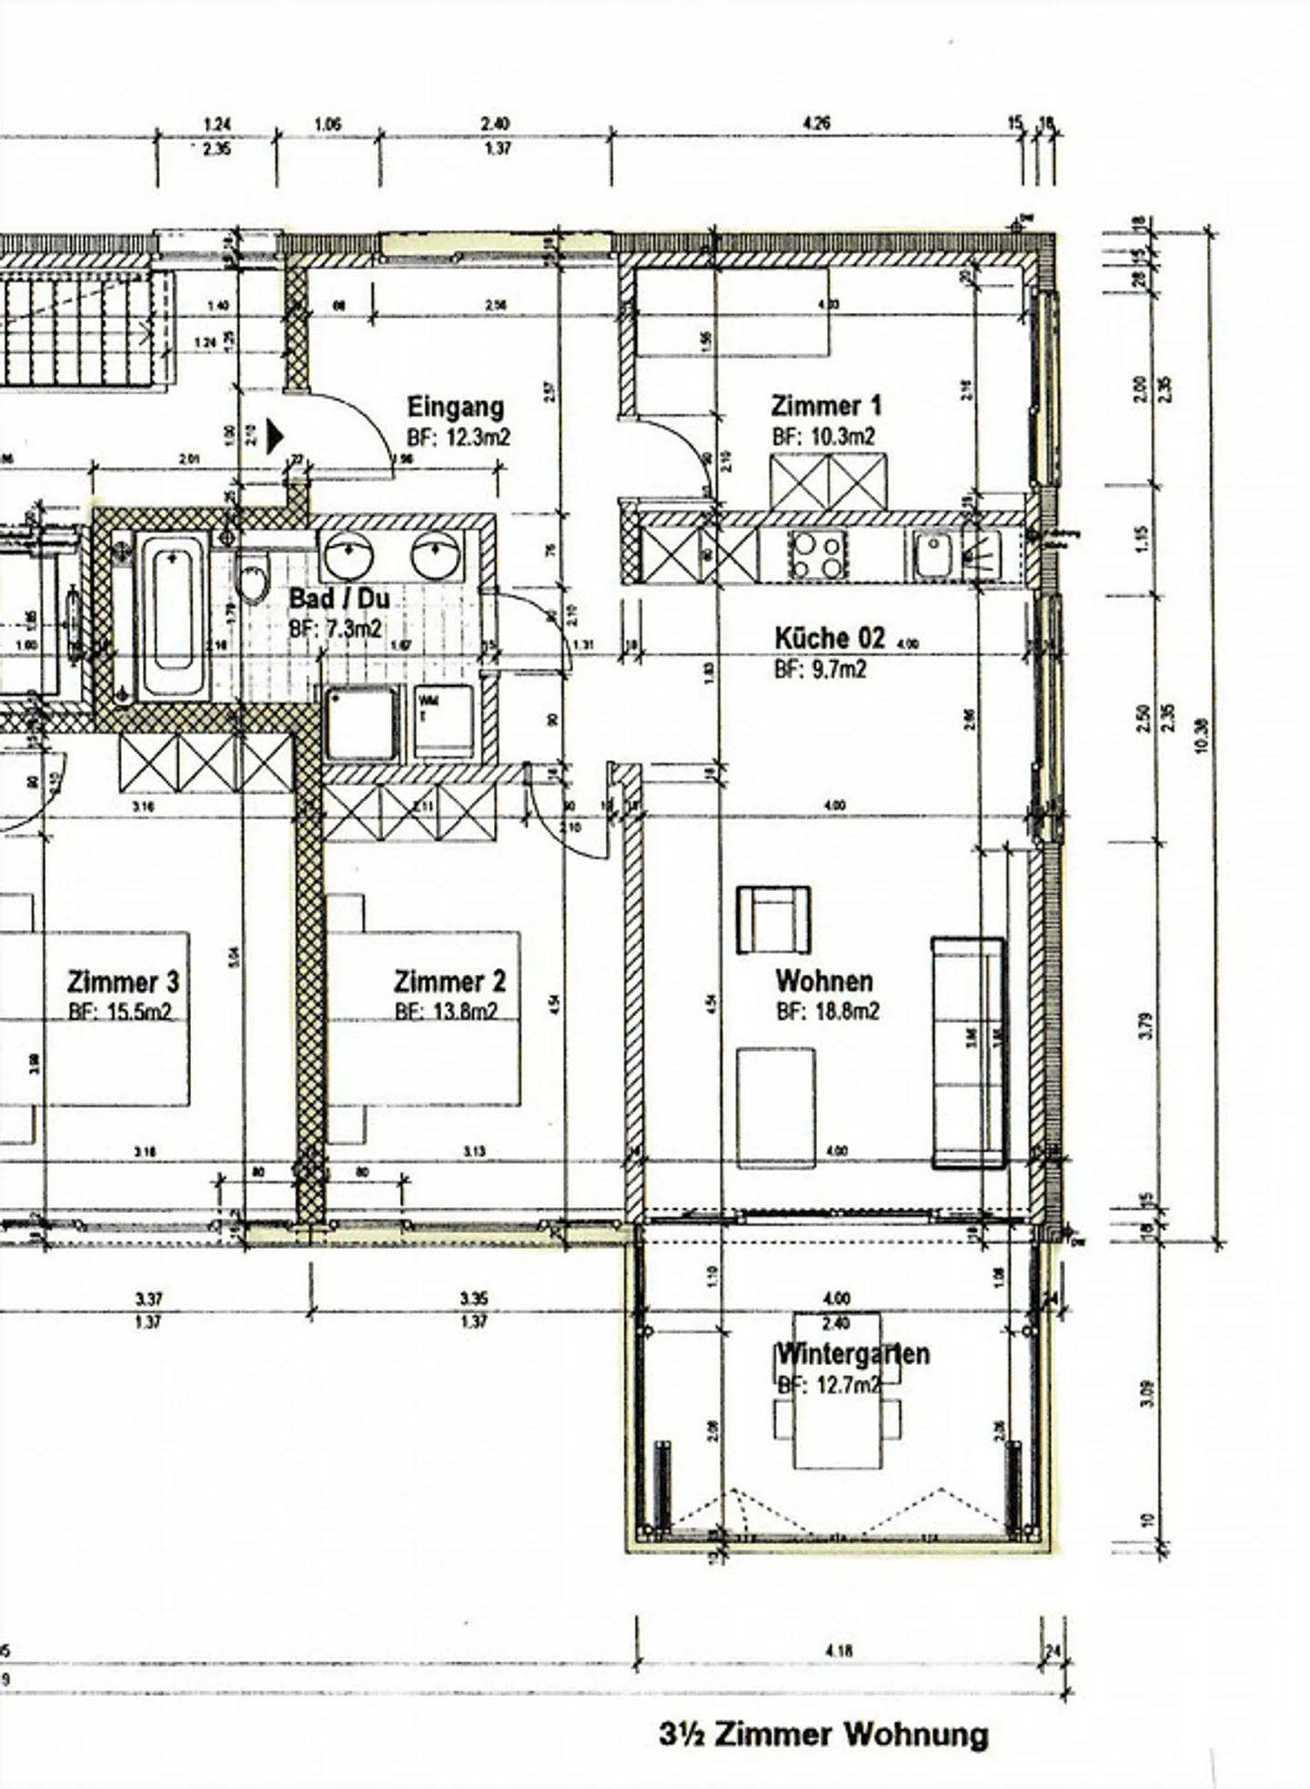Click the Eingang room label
(455, 407)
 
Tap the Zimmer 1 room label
(826, 405)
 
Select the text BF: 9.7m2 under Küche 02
(820, 670)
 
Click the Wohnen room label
(824, 981)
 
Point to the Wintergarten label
(852, 1354)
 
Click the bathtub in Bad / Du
(172, 617)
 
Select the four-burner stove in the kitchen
(817, 555)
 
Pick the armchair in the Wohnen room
(773, 920)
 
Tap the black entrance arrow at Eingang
(274, 435)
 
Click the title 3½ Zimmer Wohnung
(823, 1733)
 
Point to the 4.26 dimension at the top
(817, 124)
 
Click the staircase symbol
(77, 332)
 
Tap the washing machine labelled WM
(444, 723)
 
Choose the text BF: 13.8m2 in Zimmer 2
(446, 1012)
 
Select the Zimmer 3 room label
(123, 983)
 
